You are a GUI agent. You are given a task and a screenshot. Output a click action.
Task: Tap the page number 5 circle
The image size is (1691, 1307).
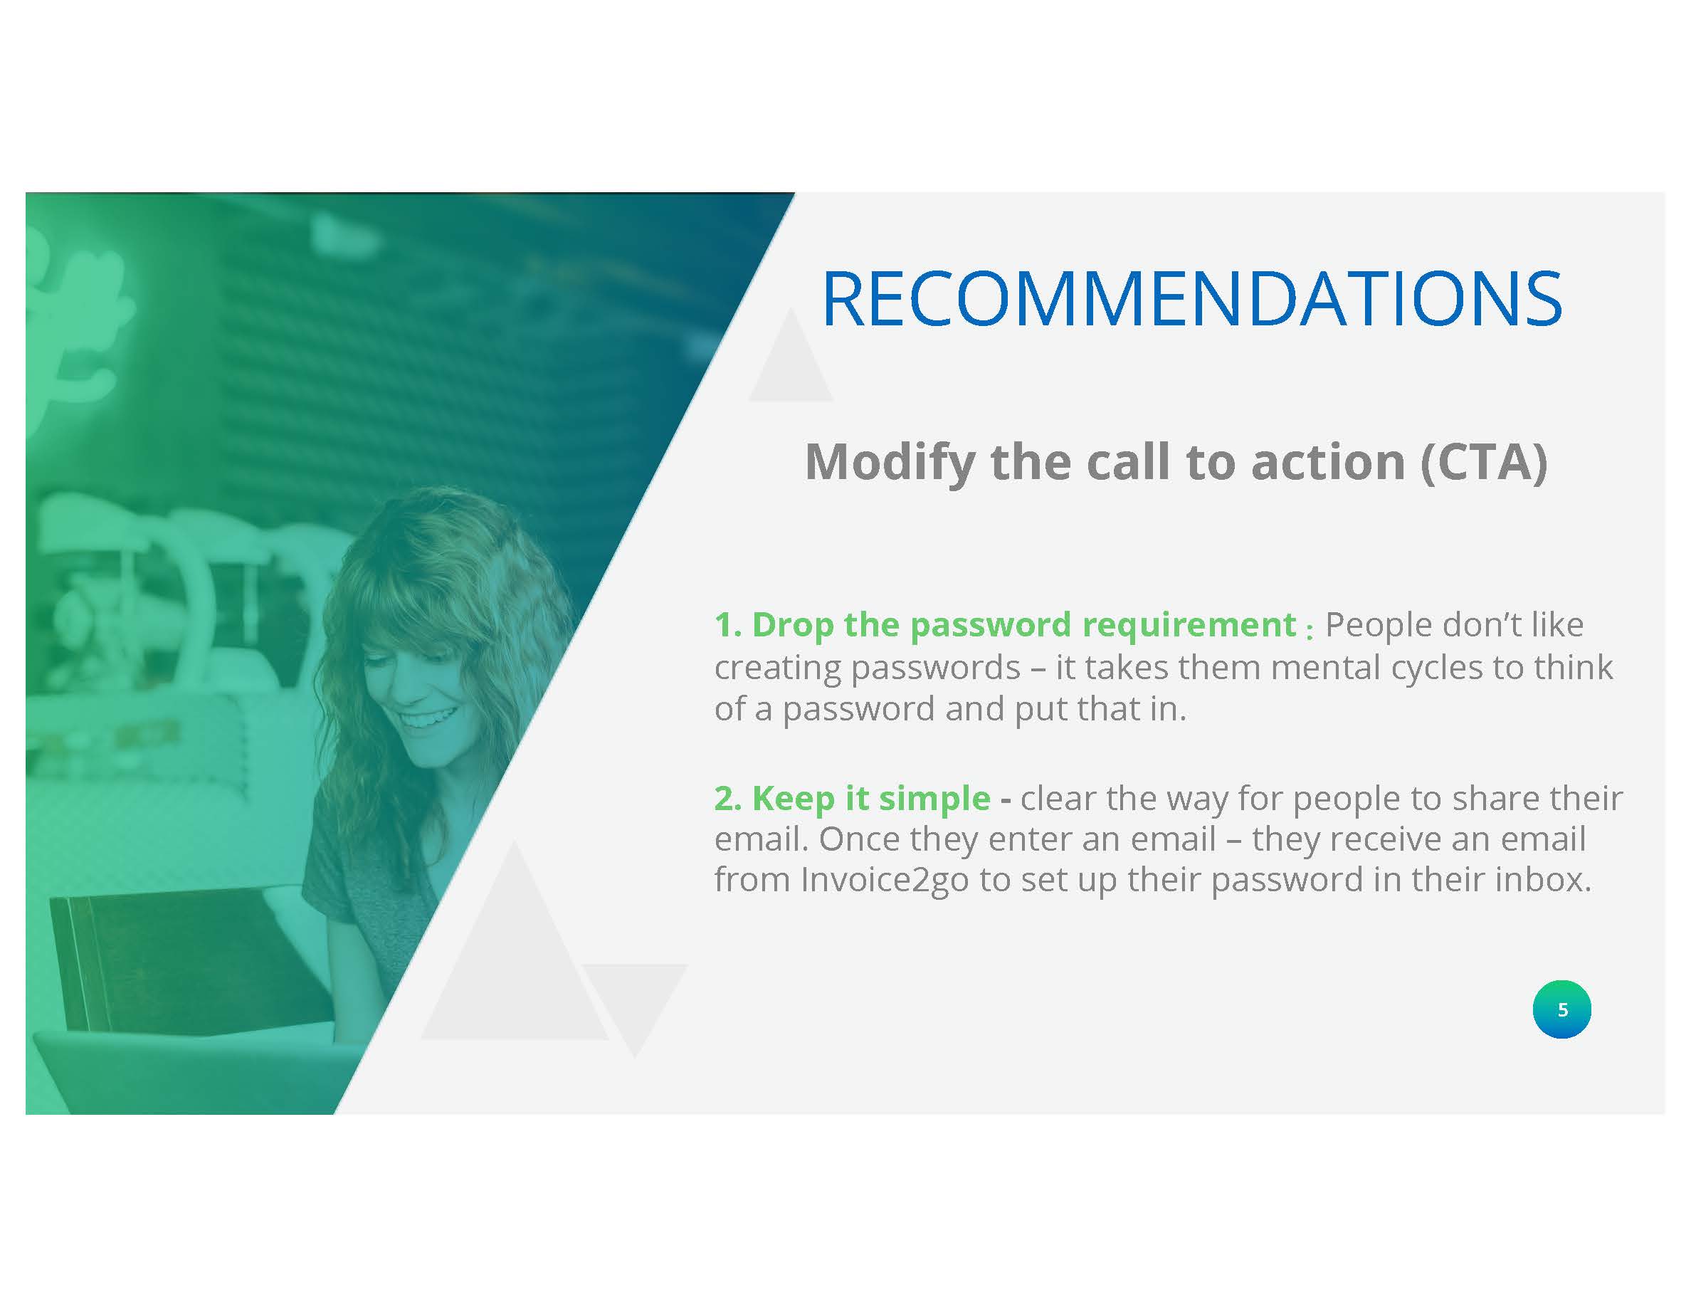tap(1561, 1009)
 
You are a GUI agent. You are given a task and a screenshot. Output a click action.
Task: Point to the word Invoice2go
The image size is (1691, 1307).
tap(884, 881)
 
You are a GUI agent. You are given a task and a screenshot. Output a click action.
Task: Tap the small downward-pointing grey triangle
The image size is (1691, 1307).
tap(634, 1007)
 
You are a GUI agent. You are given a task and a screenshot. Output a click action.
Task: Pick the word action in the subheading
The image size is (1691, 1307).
tap(1328, 463)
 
